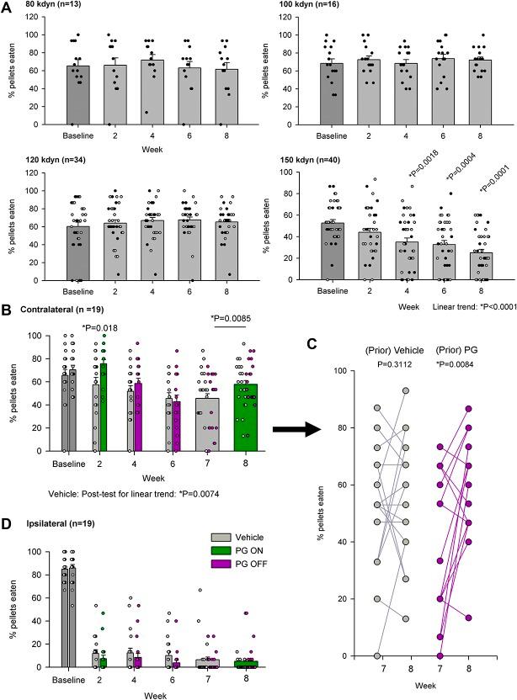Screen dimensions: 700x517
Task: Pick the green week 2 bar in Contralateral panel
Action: pos(104,407)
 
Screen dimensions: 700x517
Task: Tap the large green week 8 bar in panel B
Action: pos(245,417)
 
